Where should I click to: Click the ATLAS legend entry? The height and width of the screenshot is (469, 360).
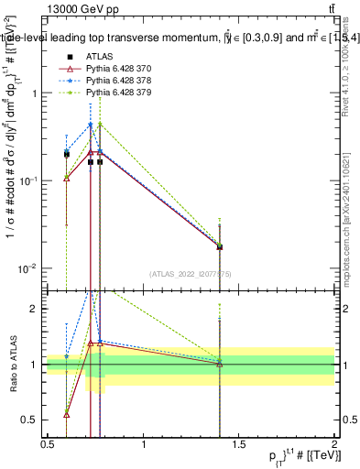[x=98, y=57]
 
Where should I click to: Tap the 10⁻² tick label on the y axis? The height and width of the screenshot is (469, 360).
[x=27, y=268]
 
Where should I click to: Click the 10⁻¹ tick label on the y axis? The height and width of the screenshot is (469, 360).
[x=27, y=180]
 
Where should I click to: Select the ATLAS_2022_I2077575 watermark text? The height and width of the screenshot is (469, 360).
[x=190, y=273]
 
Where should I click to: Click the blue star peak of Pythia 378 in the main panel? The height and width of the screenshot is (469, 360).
[x=91, y=125]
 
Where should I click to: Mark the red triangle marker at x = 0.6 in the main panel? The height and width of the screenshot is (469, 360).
[x=66, y=178]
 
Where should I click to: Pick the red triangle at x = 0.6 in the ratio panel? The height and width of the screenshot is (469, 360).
[x=66, y=414]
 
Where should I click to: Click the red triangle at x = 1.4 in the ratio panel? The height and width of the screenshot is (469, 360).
[x=220, y=364]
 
